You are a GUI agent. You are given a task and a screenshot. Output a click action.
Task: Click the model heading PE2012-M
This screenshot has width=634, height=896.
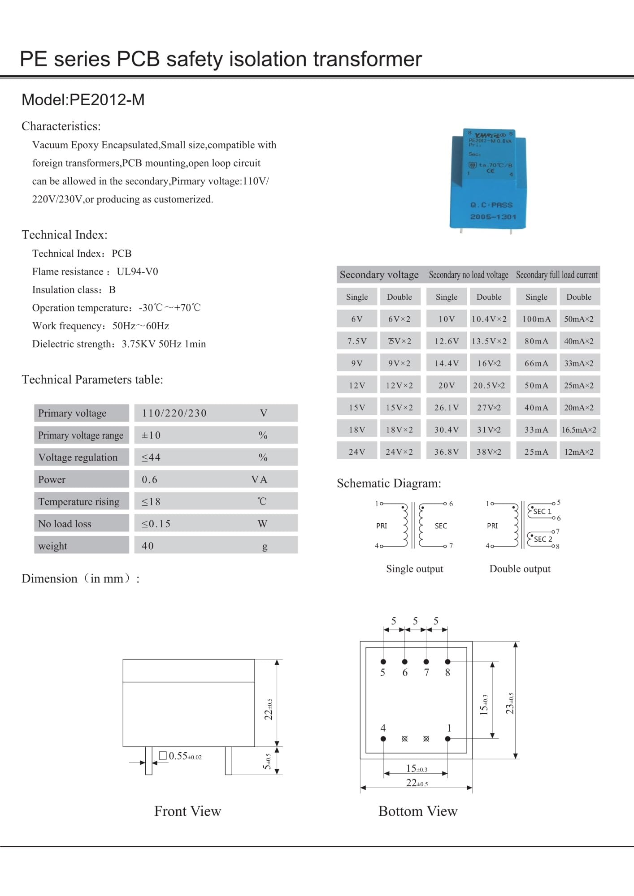tap(83, 100)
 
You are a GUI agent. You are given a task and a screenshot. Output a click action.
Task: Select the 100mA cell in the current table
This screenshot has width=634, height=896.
tap(536, 319)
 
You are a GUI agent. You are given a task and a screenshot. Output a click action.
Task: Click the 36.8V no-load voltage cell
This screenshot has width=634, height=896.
tap(447, 452)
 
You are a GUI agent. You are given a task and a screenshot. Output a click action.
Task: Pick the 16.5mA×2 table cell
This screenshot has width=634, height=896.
tap(579, 430)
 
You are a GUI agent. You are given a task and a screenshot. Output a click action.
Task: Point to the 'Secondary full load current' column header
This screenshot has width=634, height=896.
tap(556, 275)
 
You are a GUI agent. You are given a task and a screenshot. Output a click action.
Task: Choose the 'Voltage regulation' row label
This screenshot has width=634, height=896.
tap(78, 457)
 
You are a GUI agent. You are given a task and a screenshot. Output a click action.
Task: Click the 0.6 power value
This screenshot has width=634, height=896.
tap(150, 479)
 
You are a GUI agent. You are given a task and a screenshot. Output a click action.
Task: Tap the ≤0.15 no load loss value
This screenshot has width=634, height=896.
tap(156, 524)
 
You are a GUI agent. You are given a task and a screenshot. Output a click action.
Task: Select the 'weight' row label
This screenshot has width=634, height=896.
tap(53, 546)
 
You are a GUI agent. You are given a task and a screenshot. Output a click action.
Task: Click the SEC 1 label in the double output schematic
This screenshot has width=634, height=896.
tap(542, 511)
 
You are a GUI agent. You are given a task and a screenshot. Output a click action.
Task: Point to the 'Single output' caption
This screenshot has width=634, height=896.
tap(414, 569)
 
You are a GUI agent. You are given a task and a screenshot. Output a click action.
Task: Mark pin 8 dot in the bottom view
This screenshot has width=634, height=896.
tap(447, 662)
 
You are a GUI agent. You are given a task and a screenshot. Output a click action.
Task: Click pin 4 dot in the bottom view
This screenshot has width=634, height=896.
tap(383, 739)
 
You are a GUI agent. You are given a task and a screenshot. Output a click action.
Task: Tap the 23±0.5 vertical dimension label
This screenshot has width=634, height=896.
tap(510, 703)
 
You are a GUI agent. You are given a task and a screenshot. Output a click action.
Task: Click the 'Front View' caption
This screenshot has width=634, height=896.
tap(187, 811)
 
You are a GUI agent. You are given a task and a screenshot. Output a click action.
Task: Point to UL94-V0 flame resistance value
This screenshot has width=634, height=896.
tap(137, 271)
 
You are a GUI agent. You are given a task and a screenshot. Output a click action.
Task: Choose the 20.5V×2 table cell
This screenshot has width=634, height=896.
tap(489, 385)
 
